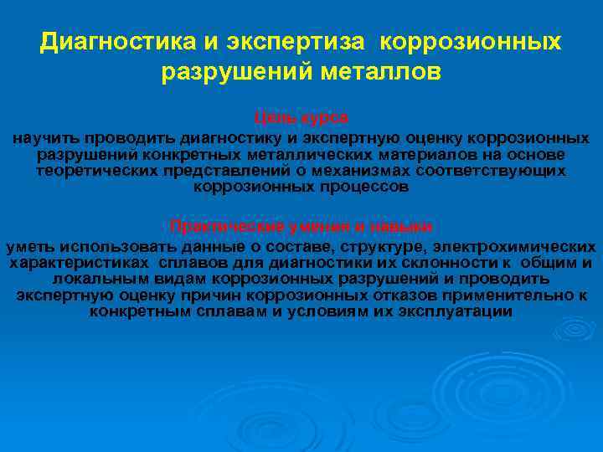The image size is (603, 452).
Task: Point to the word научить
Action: click(x=41, y=137)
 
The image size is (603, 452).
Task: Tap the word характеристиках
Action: click(x=70, y=263)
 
